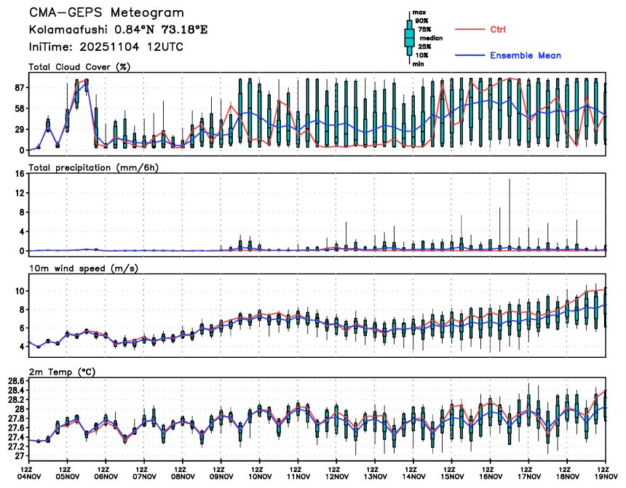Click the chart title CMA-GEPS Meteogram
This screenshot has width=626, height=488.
point(106,13)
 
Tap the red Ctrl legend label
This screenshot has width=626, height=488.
point(497,29)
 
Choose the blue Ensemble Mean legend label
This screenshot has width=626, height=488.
point(525,55)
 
